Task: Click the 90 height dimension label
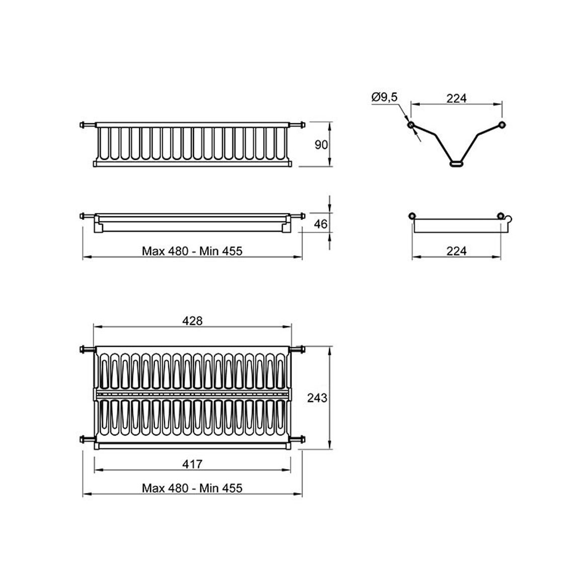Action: (321, 145)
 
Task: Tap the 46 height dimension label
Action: (321, 224)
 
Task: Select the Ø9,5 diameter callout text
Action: (385, 97)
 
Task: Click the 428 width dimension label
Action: (193, 321)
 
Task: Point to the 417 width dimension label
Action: (192, 464)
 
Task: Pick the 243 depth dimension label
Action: (317, 398)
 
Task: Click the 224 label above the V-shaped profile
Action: (456, 98)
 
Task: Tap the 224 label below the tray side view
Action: (456, 251)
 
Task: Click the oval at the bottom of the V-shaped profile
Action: (456, 163)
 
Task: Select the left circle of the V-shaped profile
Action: (411, 125)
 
